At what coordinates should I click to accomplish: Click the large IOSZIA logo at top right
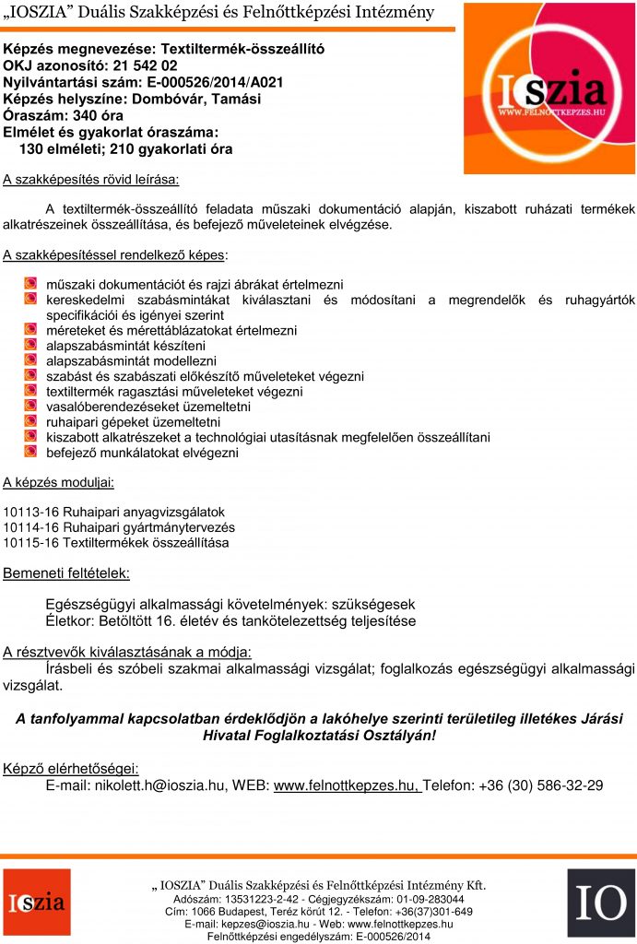(x=549, y=88)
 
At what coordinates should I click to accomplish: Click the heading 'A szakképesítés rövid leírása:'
(x=90, y=178)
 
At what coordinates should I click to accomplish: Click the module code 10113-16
(x=30, y=512)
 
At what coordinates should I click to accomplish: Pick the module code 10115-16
(x=30, y=543)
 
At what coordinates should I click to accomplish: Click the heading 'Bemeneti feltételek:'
(x=66, y=573)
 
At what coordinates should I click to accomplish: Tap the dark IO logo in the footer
(x=600, y=903)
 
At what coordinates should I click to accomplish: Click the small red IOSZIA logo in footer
(x=36, y=903)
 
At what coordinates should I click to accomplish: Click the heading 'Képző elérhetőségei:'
(x=71, y=768)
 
